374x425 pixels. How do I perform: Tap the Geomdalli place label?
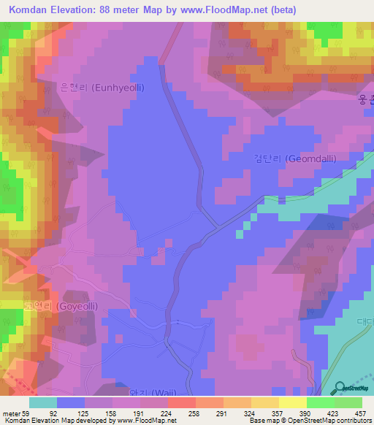[x=294, y=158]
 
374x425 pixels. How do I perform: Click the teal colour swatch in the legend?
[x=43, y=402]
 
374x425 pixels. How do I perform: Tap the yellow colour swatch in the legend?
[x=292, y=402]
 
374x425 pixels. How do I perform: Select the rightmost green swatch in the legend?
[x=348, y=402]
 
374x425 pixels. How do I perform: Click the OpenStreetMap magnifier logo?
[x=338, y=388]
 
